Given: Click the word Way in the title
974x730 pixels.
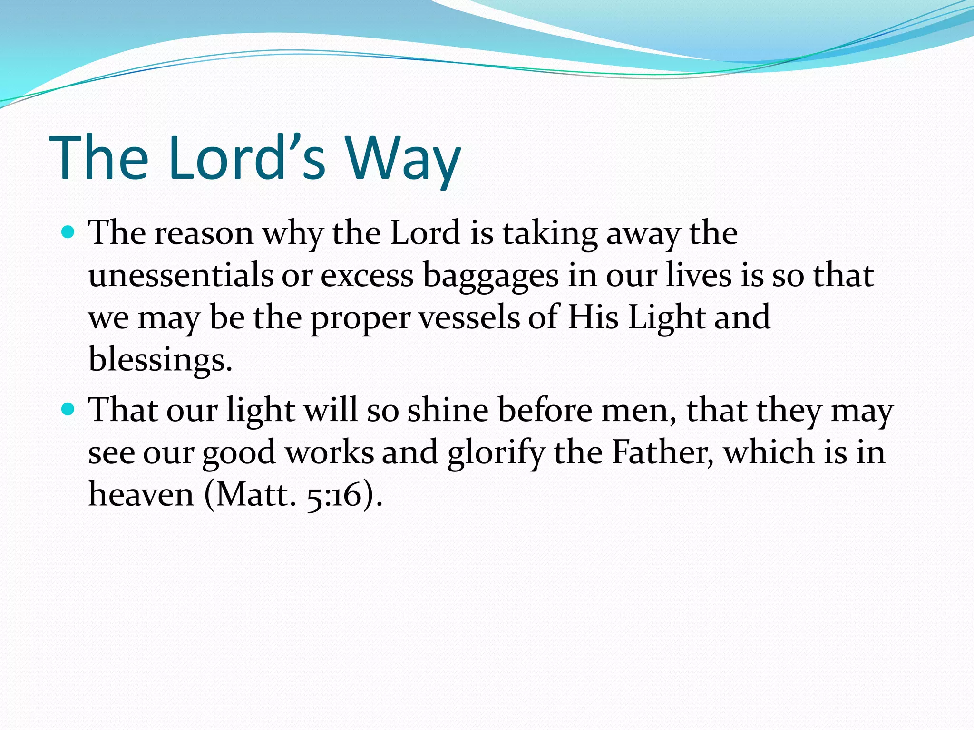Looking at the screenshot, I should coord(402,158).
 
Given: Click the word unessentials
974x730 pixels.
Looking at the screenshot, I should coord(181,275).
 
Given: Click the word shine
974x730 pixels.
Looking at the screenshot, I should coord(448,410).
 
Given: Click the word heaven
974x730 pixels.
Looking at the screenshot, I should coord(141,494).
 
